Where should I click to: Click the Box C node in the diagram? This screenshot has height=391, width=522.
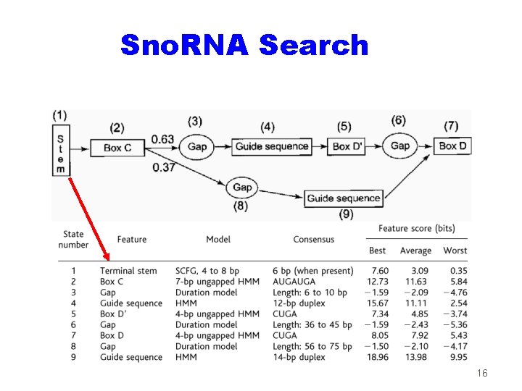[x=117, y=148]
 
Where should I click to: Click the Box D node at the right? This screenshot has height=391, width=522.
[x=453, y=146]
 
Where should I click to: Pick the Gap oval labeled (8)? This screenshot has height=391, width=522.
[x=242, y=188]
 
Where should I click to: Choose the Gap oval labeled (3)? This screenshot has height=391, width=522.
[x=197, y=146]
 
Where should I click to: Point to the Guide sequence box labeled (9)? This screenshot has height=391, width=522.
[x=344, y=198]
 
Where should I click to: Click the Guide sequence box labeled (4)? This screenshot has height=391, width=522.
[x=272, y=146]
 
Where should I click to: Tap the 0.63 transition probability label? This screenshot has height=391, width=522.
[x=162, y=139]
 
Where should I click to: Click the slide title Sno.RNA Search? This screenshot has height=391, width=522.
[x=244, y=45]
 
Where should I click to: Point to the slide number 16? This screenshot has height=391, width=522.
[x=484, y=373]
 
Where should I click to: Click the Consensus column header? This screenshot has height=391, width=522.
[x=314, y=239]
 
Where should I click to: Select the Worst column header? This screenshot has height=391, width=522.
[x=455, y=251]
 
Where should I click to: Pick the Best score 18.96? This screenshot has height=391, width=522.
[x=378, y=358]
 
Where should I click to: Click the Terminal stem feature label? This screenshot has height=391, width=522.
[x=128, y=271]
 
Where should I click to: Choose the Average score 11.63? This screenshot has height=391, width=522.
[x=415, y=282]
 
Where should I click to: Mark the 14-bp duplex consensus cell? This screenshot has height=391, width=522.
[x=299, y=358]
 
